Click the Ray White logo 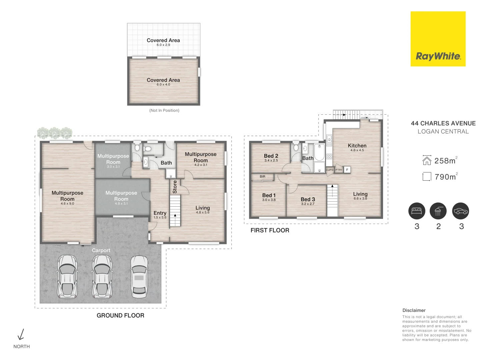[438, 39]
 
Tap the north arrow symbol [21, 334]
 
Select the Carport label [101, 250]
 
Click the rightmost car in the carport [139, 277]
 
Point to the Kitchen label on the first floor [357, 146]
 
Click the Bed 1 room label [269, 195]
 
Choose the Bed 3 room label [308, 199]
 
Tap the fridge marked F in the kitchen [347, 170]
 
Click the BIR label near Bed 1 [262, 176]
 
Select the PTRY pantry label [339, 170]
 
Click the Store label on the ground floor [175, 187]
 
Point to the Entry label [160, 213]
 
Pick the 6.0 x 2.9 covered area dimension [163, 45]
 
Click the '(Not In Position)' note [164, 110]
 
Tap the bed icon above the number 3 [417, 211]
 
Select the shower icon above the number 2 [438, 211]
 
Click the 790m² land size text [446, 176]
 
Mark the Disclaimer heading [414, 310]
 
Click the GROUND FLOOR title [120, 315]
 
